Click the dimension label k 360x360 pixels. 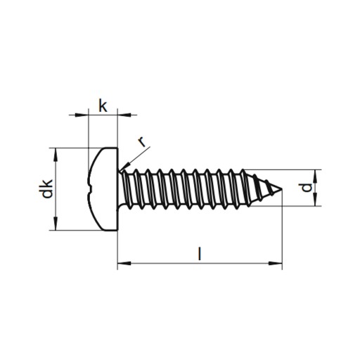pos(103,106)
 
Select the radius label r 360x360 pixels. pos(141,142)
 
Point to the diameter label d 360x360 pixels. pos(307,188)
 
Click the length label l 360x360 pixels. pos(200,253)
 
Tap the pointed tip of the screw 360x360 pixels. pos(282,188)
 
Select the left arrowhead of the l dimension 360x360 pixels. pos(124,263)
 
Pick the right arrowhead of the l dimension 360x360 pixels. pos(276,263)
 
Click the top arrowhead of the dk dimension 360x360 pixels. pos(56,155)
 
